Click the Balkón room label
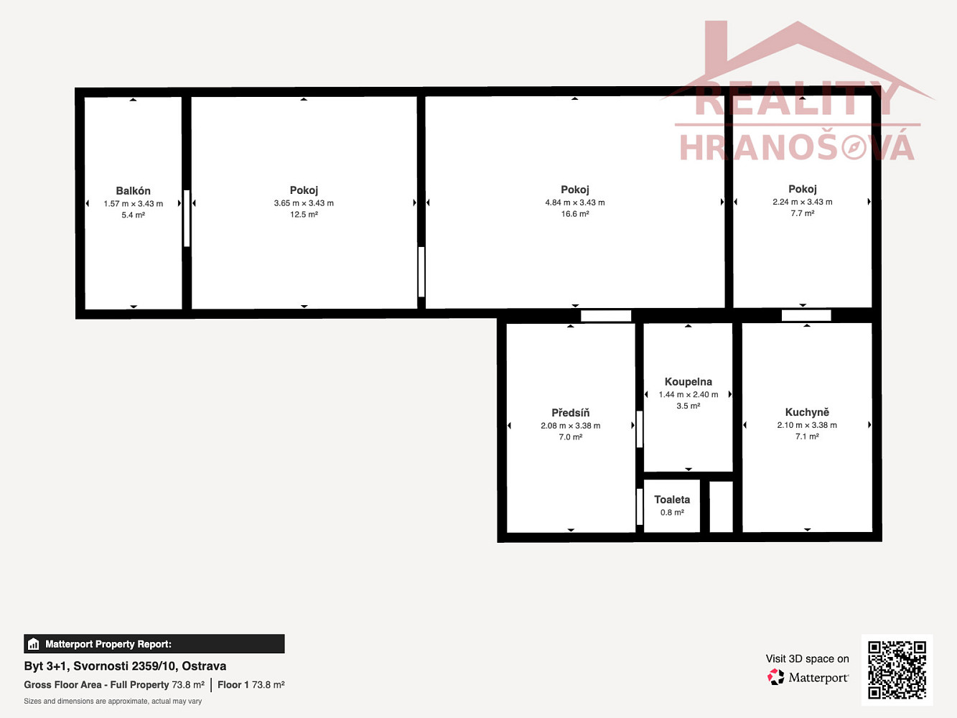(x=133, y=190)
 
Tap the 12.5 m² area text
(x=304, y=215)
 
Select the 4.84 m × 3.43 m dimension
(x=574, y=202)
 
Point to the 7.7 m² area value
(x=802, y=213)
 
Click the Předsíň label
(x=570, y=412)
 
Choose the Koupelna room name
(x=688, y=381)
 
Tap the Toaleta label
(x=672, y=500)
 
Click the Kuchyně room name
(x=807, y=412)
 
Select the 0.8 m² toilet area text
(x=672, y=513)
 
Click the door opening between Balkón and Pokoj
(x=187, y=218)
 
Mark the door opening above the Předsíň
(x=606, y=316)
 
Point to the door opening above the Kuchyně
(x=806, y=315)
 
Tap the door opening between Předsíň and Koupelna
(x=640, y=429)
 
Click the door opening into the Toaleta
(x=640, y=507)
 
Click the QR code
(x=897, y=670)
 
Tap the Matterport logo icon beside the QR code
(x=775, y=677)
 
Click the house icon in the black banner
(x=34, y=644)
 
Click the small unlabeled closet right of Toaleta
(x=721, y=507)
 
